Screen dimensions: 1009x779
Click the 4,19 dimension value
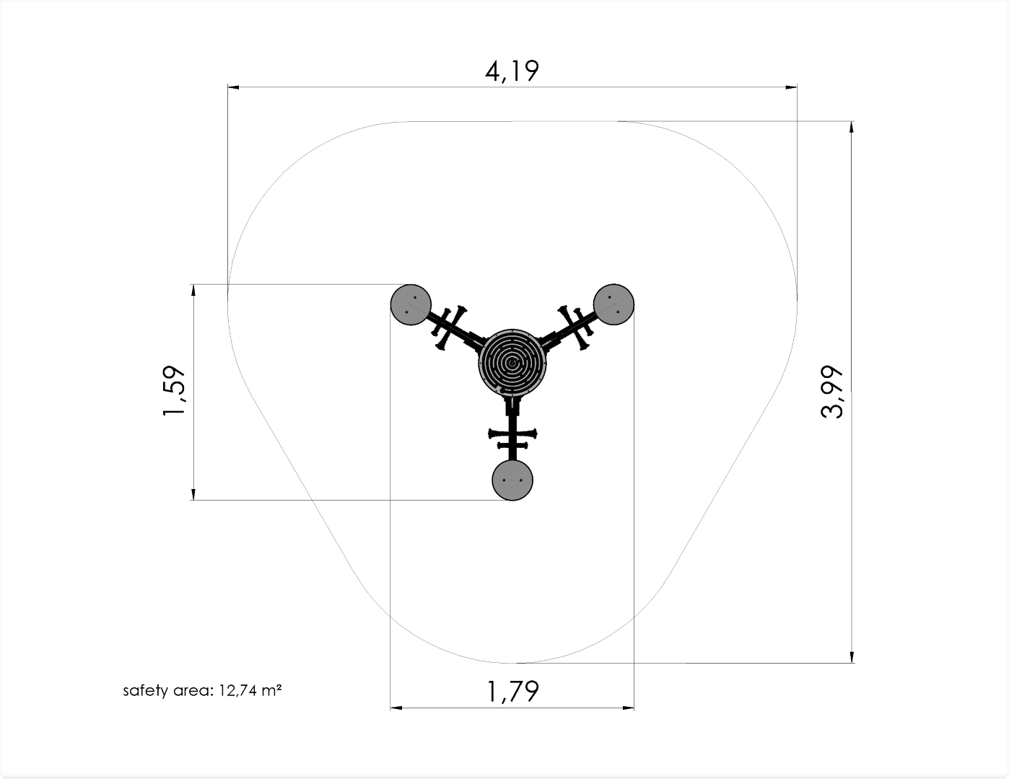[x=512, y=71]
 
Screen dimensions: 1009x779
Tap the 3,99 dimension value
[x=831, y=392]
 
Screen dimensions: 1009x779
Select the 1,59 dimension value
[x=174, y=391]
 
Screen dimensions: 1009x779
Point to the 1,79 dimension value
[x=512, y=691]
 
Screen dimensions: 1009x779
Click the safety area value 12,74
[x=237, y=691]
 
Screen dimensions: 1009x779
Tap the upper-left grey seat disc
[x=411, y=304]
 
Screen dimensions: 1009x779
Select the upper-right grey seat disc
[x=614, y=304]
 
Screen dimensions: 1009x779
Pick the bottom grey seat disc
[x=512, y=480]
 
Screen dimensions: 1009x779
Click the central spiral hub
[x=512, y=363]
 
